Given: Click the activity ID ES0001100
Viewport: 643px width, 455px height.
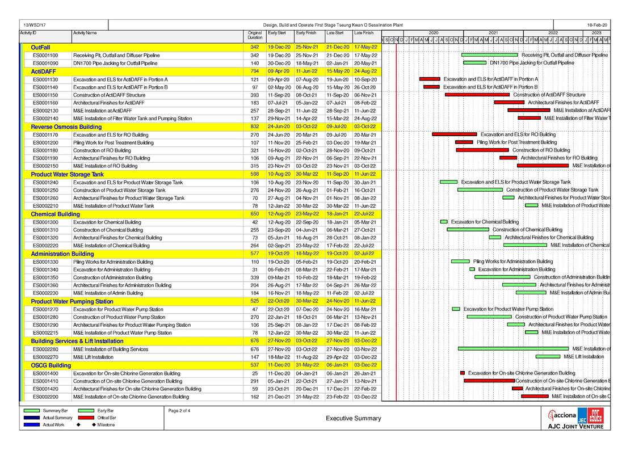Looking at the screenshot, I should click(45, 55).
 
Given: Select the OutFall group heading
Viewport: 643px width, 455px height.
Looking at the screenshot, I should click(40, 47).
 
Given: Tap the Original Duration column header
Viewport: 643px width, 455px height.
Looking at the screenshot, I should click(255, 35).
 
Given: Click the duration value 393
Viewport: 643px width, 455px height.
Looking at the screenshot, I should click(255, 95).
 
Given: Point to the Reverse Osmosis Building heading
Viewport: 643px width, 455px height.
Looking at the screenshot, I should click(66, 127).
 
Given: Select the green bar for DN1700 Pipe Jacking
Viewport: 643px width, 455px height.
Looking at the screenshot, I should click(474, 63).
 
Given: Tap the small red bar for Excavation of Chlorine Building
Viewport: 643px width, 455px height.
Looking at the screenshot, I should click(463, 373).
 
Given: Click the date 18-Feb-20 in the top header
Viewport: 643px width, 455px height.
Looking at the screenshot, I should click(597, 26).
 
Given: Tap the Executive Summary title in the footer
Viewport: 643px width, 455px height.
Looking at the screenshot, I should click(354, 419).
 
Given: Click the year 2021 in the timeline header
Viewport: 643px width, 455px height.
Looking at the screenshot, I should click(493, 33).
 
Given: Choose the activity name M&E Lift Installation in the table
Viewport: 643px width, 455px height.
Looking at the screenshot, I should click(93, 357).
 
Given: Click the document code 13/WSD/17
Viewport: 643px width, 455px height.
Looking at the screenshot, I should click(35, 26).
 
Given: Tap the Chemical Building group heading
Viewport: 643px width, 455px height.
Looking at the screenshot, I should click(55, 214).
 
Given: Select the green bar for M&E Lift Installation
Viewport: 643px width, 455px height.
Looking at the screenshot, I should click(548, 357).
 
